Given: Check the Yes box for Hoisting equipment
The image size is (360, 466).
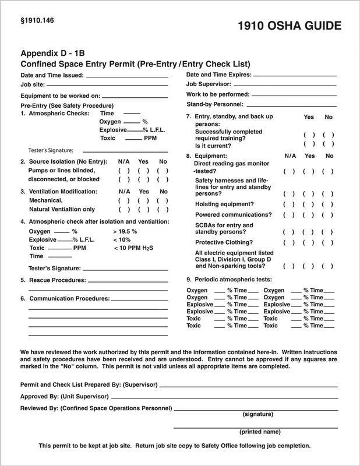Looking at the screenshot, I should click(309, 204).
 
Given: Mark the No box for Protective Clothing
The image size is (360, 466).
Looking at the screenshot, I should click(328, 242).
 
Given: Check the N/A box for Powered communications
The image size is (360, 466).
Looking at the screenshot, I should click(290, 215).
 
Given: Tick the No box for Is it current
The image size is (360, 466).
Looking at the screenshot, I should click(328, 144).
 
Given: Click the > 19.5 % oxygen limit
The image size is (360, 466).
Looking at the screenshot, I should click(125, 231).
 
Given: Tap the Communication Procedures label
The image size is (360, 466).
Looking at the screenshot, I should click(69, 298).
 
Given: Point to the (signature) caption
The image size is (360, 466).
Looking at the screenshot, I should click(257, 414).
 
